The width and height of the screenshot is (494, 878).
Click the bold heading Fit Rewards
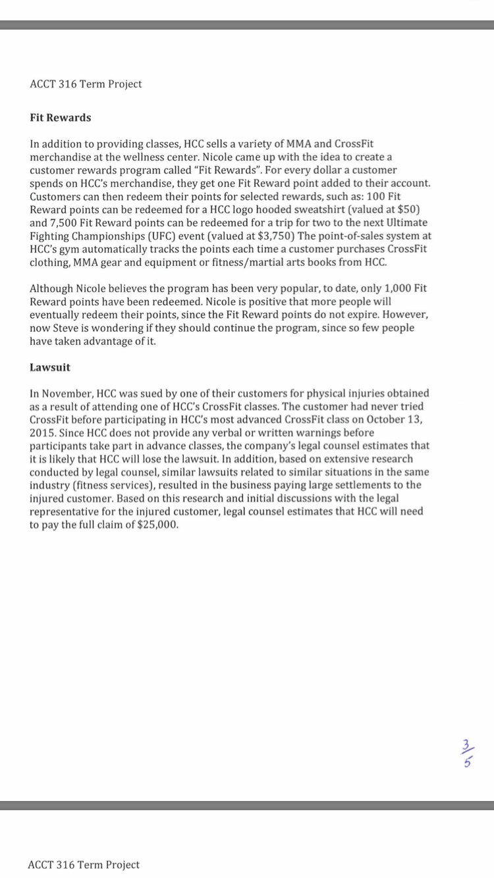click(61, 118)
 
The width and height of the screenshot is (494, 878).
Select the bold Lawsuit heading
click(50, 367)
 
